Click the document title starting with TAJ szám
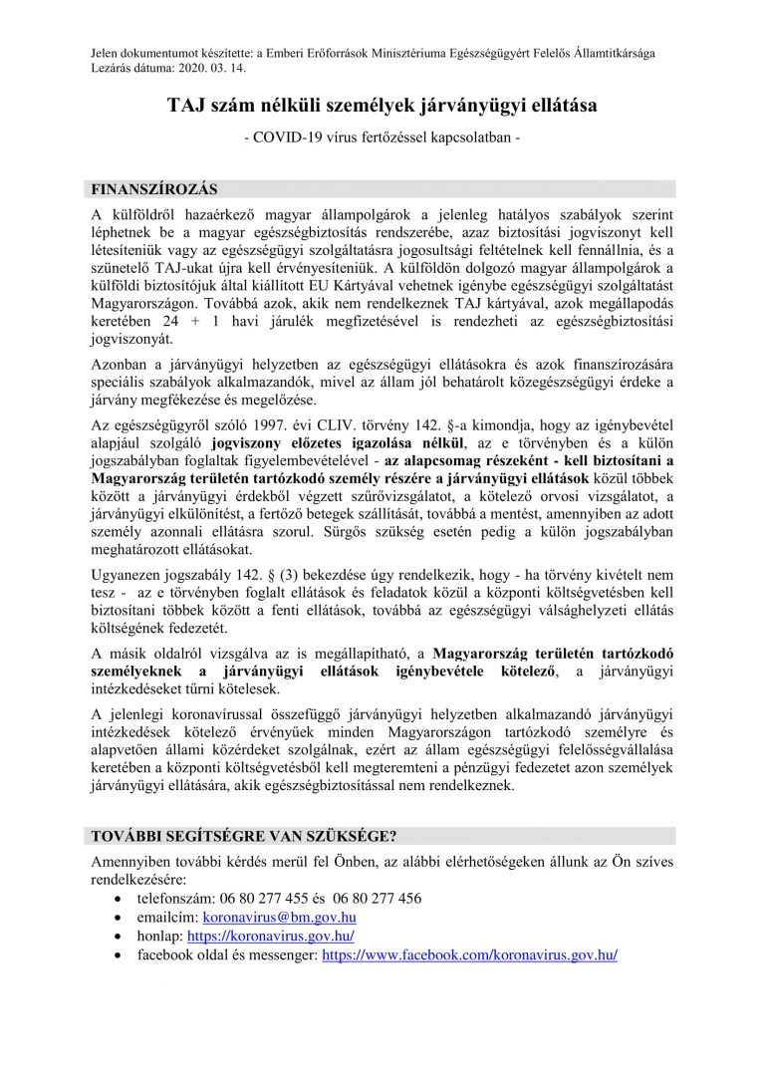point(382,104)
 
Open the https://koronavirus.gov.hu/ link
point(270,936)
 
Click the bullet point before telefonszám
point(119,899)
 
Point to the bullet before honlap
point(119,937)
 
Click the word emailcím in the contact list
point(166,917)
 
